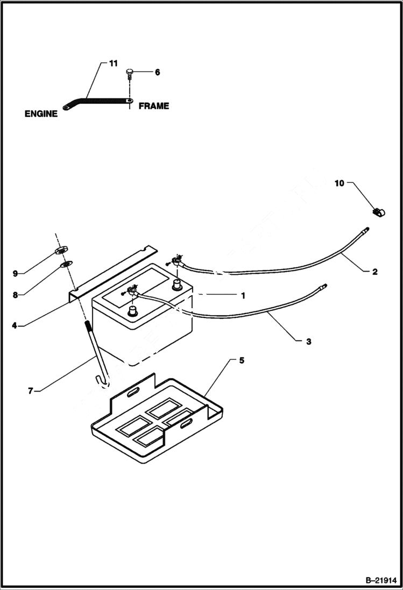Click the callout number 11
click(113, 63)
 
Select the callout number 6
click(157, 72)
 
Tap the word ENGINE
click(41, 114)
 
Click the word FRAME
click(154, 106)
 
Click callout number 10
click(339, 183)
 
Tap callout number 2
click(374, 272)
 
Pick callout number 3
click(308, 341)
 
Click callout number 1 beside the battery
click(243, 295)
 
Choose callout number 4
click(15, 325)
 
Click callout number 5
click(241, 360)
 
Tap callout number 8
click(15, 295)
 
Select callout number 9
click(15, 273)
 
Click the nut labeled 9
click(60, 250)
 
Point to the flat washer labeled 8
click(65, 264)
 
